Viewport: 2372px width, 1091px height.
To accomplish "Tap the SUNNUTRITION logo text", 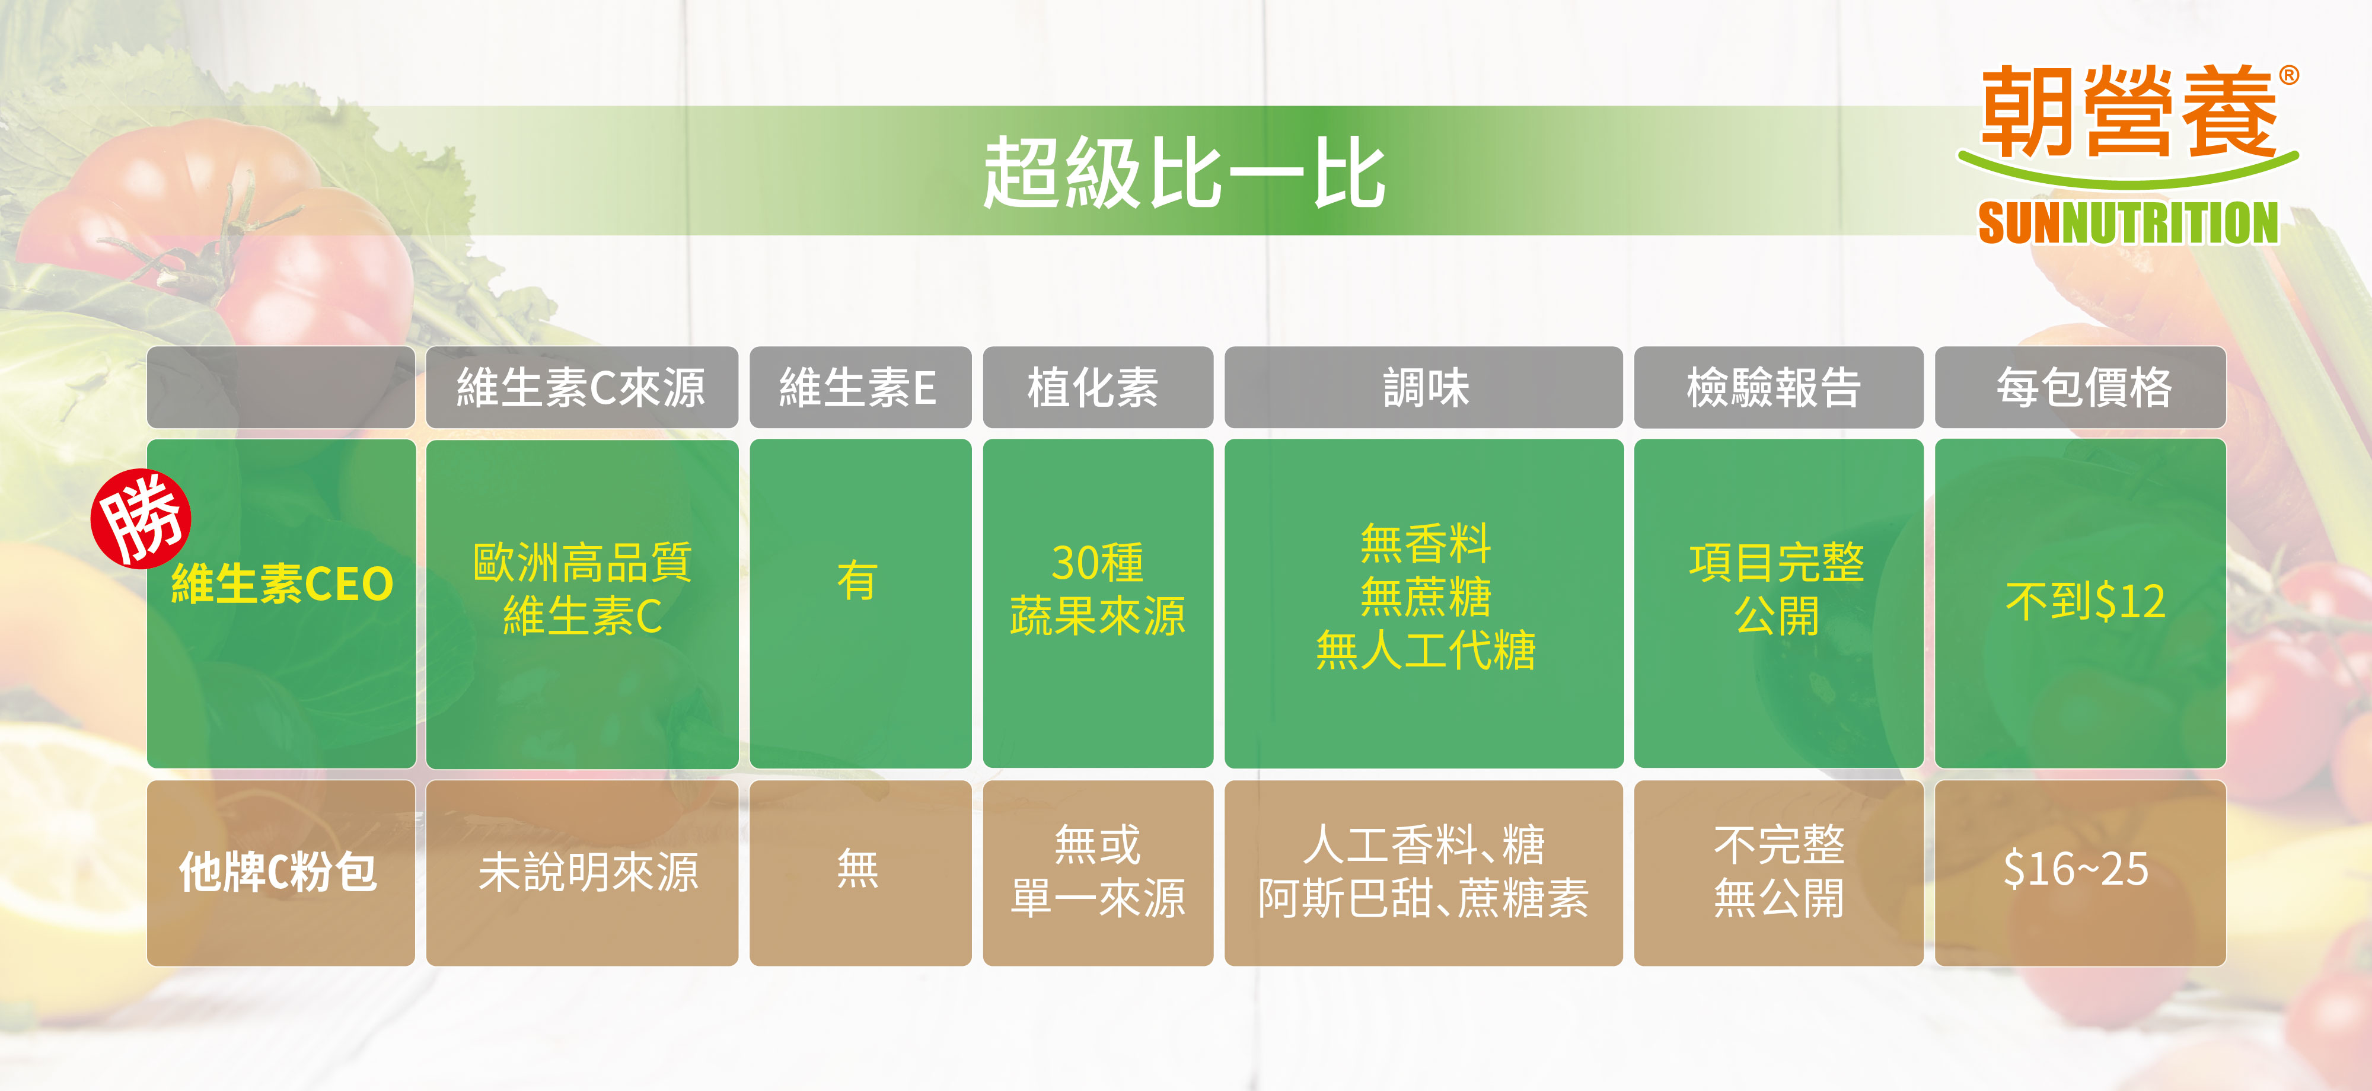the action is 2128,224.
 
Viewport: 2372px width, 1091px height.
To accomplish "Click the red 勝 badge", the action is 141,518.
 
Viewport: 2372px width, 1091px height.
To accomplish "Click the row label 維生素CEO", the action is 282,583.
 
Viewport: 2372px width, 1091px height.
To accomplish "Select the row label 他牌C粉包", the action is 278,871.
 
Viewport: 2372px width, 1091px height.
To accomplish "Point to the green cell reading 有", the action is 857,581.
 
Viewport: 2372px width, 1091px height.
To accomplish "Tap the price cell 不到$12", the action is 2085,601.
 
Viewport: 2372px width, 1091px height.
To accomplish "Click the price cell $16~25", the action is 2077,869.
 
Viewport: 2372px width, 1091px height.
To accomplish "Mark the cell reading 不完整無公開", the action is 1779,871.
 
